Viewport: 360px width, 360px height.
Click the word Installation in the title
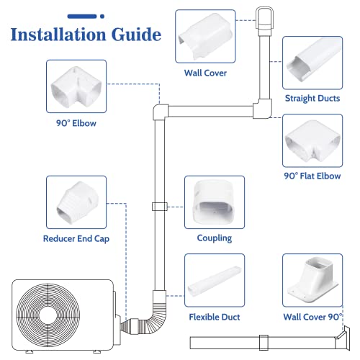[58, 35]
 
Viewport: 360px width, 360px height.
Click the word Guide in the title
[137, 35]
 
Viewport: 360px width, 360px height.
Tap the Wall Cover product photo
[205, 36]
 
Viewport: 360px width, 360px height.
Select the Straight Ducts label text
[312, 99]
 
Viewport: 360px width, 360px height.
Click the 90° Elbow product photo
[76, 86]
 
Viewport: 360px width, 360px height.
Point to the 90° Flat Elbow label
[312, 176]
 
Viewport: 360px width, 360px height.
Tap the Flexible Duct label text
[215, 317]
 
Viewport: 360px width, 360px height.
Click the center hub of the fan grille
[48, 315]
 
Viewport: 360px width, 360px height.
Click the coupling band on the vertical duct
[160, 207]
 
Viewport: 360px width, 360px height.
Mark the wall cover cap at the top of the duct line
[264, 21]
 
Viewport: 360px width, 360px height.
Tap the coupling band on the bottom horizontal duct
[264, 343]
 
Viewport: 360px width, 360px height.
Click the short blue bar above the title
[82, 17]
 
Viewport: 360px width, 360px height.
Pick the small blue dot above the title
[102, 17]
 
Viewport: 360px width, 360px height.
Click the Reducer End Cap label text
[76, 239]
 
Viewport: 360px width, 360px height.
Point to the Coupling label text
[215, 238]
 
